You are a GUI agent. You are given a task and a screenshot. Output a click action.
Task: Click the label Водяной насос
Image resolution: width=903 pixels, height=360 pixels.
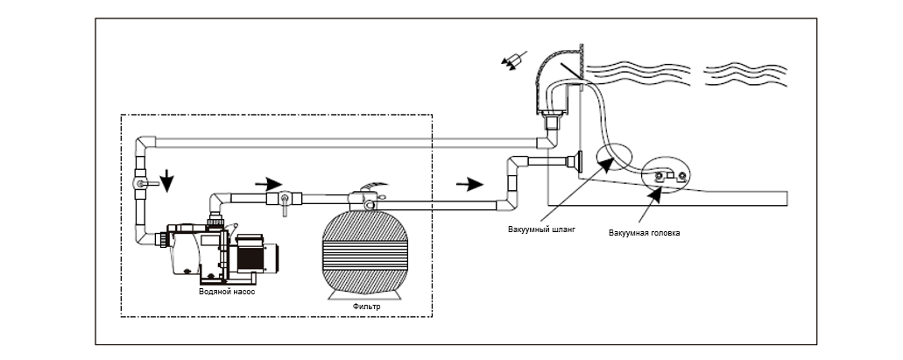(226, 292)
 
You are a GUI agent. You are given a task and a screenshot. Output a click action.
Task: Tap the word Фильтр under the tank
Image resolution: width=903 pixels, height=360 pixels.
(366, 307)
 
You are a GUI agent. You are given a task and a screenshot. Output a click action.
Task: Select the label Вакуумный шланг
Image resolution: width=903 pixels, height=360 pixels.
(541, 229)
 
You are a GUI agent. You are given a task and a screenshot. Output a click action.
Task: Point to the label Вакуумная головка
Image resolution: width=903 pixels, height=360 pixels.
(644, 233)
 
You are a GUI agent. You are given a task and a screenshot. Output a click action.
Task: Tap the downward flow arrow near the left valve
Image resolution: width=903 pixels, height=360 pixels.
(166, 180)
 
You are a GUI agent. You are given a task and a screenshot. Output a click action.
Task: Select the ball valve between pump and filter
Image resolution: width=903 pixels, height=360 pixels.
(284, 202)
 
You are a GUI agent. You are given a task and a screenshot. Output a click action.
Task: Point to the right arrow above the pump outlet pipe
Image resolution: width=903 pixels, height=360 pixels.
(268, 184)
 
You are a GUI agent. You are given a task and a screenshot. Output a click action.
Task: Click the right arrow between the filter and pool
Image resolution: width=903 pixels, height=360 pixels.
(469, 184)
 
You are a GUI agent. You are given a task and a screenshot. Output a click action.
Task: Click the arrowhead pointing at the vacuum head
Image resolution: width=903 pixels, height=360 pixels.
(654, 194)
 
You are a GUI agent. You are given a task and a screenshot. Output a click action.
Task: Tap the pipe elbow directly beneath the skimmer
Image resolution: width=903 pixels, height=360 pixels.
(548, 138)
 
